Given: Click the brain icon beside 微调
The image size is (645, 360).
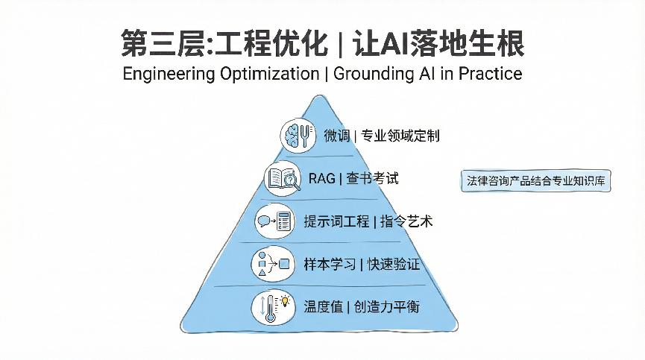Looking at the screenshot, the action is [x=298, y=135].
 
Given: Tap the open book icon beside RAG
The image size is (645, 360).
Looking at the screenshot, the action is [x=283, y=179].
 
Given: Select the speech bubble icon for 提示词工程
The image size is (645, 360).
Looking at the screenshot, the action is [x=274, y=221].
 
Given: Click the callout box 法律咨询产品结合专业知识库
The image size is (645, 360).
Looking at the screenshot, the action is [x=536, y=181].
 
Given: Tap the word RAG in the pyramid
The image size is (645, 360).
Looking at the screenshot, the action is [x=321, y=179].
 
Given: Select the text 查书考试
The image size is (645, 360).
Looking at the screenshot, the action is [x=372, y=179].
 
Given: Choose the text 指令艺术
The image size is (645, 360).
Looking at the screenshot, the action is [x=406, y=221].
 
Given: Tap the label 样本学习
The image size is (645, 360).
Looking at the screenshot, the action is [x=330, y=265].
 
